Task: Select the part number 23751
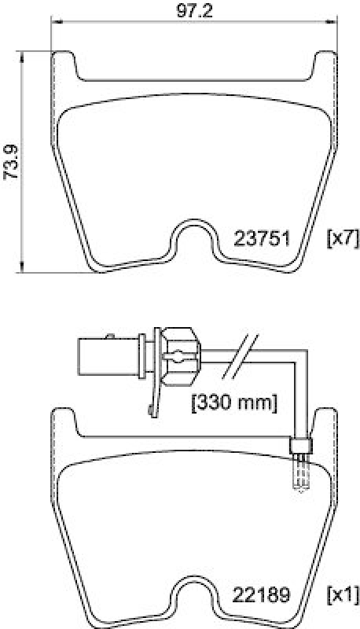[263, 239]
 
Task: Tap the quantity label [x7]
[341, 239]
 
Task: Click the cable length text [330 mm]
[234, 403]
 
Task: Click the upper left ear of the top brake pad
[65, 63]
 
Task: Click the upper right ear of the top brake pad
[323, 63]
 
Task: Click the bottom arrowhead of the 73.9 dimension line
[22, 267]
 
